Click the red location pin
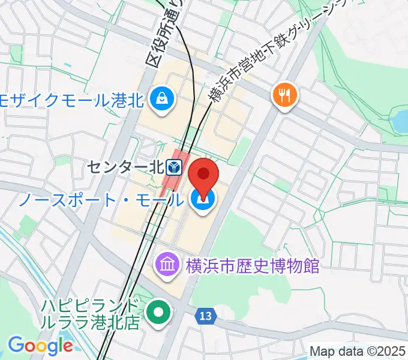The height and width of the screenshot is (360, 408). (x=204, y=176)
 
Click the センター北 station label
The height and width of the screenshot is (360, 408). (x=125, y=166)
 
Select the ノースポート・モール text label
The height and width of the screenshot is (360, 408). (x=99, y=200)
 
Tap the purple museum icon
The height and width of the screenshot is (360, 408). (x=166, y=263)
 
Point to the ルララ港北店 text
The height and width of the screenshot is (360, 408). (x=91, y=322)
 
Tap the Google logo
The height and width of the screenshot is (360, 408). (x=40, y=346)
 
